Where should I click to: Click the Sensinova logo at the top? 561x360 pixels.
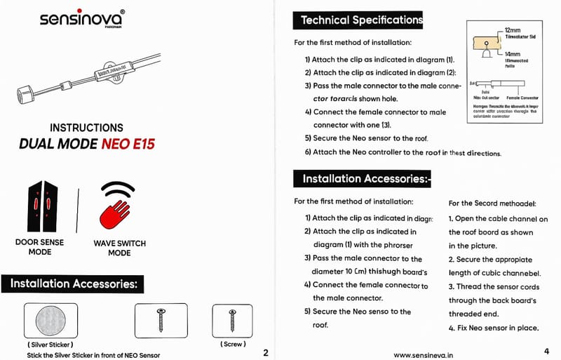click(x=82, y=18)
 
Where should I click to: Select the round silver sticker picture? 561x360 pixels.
click(x=55, y=321)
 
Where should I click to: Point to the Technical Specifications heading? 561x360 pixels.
click(x=362, y=20)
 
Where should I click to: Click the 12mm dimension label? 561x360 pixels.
click(x=513, y=31)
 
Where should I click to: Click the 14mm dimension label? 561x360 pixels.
click(x=513, y=53)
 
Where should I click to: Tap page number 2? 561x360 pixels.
click(x=265, y=352)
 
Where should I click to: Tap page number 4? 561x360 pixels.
click(x=546, y=351)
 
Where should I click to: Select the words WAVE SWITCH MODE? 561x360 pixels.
click(x=119, y=248)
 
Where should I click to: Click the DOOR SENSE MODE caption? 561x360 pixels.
click(x=40, y=247)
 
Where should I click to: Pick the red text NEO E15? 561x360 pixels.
click(x=128, y=145)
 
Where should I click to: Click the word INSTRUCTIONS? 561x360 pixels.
click(x=87, y=128)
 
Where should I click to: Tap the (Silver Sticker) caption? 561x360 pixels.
click(x=50, y=345)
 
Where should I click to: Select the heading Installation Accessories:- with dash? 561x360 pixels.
click(x=366, y=179)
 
